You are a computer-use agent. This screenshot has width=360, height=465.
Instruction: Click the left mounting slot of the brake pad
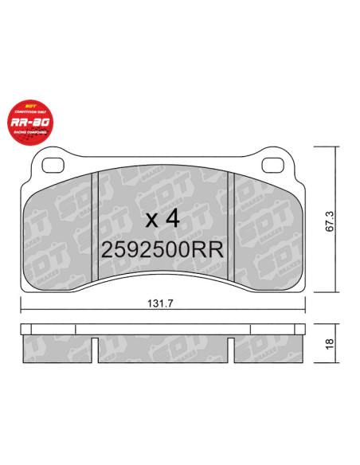click(53, 166)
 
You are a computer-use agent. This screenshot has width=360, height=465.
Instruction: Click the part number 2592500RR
click(162, 249)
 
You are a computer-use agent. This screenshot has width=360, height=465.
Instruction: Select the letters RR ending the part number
click(209, 249)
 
